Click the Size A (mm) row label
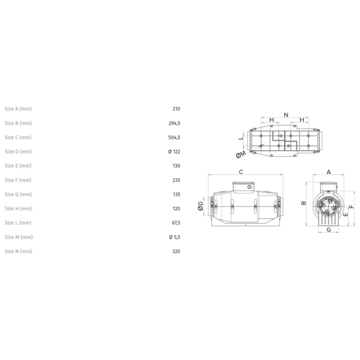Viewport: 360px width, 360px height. coord(18,109)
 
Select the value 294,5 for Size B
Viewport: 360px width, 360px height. coord(174,123)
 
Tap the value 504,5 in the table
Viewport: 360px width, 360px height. coord(174,137)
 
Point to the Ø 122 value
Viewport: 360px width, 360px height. coord(174,152)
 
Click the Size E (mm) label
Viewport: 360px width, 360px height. coord(18,166)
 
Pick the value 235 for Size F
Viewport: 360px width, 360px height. coord(176,180)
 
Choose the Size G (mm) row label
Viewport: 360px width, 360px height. coord(19,194)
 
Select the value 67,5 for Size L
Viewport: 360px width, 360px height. coord(176,223)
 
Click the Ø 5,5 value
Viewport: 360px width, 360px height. coord(175,237)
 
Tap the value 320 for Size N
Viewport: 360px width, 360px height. coord(176,251)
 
